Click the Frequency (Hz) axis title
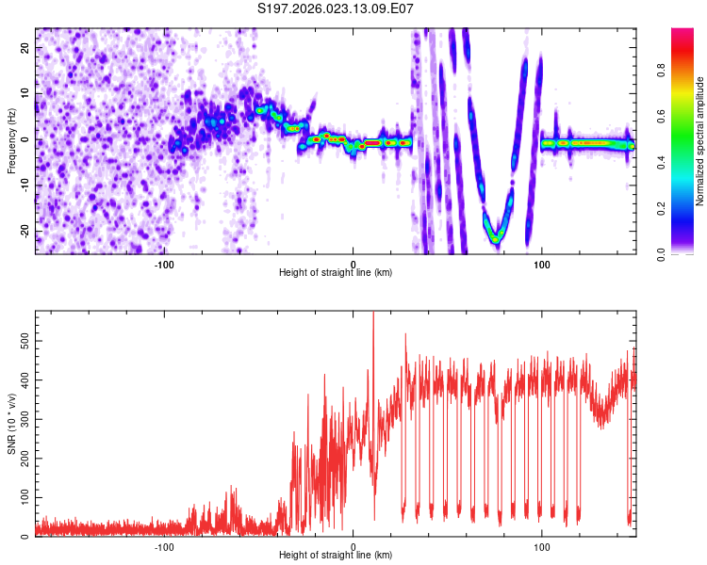tap(11, 140)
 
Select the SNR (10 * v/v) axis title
tap(11, 424)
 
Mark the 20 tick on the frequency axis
tap(27, 47)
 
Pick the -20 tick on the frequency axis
tap(25, 232)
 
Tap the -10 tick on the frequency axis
tap(25, 186)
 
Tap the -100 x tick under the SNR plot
tap(164, 547)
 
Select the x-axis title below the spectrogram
tap(336, 273)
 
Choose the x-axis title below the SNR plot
tap(336, 556)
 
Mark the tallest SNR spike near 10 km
tap(373, 314)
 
